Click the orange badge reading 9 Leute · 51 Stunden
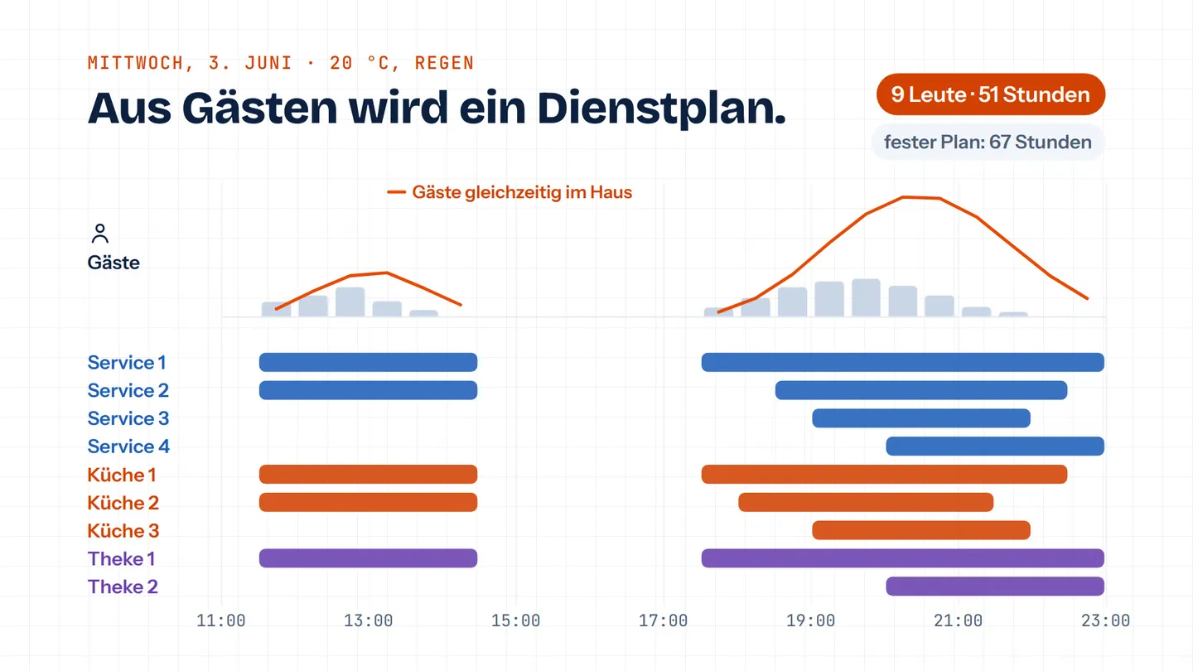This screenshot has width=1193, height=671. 991,94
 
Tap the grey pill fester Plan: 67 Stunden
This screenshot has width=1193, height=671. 988,142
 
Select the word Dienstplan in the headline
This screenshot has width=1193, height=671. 661,108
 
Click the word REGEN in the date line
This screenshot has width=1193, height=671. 444,63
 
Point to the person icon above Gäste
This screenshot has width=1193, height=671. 99,234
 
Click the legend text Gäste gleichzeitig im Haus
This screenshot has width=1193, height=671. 522,192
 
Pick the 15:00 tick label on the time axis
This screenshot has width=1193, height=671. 515,620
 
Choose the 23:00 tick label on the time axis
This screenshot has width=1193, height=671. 1106,620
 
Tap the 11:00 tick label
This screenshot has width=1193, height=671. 221,620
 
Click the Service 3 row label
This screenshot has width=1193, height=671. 128,418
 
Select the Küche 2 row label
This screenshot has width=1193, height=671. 123,503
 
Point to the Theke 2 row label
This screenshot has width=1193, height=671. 123,587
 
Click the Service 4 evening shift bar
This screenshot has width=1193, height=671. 995,447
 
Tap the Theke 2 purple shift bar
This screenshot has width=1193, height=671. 995,587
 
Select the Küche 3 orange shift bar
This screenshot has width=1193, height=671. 921,530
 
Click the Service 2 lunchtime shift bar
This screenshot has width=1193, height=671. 368,390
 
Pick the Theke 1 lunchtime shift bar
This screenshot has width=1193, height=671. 368,558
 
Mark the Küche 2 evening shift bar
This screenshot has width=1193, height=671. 866,502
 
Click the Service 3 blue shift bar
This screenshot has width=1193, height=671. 921,418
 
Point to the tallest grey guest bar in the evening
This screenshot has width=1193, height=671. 866,297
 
